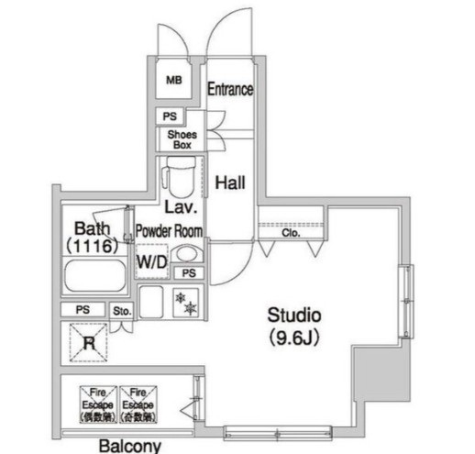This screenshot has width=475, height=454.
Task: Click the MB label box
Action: pos(173,81)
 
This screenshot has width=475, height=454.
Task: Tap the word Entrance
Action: pos(229,89)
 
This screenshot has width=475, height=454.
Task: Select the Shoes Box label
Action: pos(180,139)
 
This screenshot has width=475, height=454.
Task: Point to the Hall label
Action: pos(229,183)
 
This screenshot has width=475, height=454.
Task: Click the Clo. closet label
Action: pos(291,234)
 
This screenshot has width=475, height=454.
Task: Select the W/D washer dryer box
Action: pos(152,261)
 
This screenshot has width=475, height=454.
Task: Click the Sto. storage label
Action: pos(122,311)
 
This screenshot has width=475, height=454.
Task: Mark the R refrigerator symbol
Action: pos(88,345)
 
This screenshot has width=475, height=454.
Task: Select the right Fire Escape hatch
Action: pos(138,403)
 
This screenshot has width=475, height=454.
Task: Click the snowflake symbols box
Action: pos(185,303)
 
